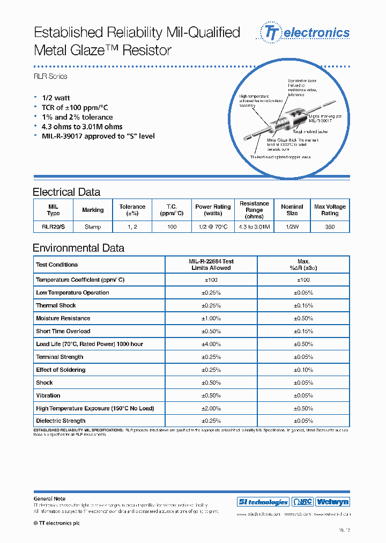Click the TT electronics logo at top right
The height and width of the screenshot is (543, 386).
(x=305, y=33)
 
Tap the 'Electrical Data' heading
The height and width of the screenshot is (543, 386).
(x=66, y=192)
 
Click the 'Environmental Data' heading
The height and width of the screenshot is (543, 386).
(x=78, y=248)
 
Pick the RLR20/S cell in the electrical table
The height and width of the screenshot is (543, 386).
(x=53, y=227)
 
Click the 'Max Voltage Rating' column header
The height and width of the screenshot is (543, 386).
(x=330, y=210)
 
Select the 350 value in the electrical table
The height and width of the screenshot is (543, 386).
(x=330, y=227)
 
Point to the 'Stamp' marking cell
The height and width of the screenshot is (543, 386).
(x=93, y=227)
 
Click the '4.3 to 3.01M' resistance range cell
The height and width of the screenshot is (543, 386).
(x=254, y=227)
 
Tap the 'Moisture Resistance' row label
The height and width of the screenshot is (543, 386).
(x=63, y=318)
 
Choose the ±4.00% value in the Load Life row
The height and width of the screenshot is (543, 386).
(x=211, y=344)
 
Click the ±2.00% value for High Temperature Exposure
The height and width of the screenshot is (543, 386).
(x=211, y=408)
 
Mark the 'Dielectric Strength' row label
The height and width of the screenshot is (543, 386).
(x=61, y=421)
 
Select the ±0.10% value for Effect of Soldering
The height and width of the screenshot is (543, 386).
(x=303, y=370)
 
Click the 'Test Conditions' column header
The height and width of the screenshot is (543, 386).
(x=56, y=265)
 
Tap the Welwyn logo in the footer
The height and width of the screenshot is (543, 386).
(x=332, y=502)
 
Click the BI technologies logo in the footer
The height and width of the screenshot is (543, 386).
(x=263, y=502)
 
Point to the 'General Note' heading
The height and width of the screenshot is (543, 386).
(x=49, y=499)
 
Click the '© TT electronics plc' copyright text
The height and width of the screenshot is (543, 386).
(x=56, y=523)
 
